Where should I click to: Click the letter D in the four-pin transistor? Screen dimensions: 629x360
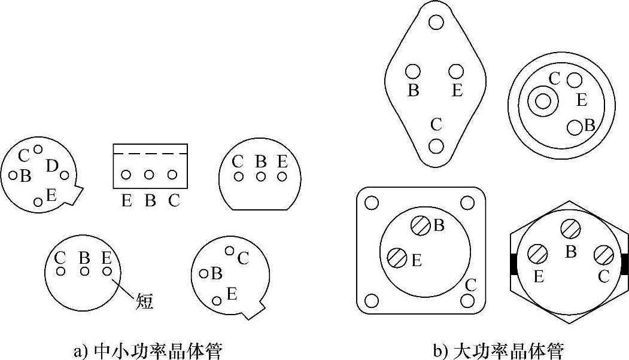pos(51,166)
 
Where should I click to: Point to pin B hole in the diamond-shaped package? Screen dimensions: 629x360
pos(413,72)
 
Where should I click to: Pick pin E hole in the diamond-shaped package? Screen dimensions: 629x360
pos(457,72)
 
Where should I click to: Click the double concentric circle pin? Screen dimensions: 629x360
pos(542,101)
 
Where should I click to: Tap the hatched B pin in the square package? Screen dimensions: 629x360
pos(420,225)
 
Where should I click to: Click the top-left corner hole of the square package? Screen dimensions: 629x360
pos(371,203)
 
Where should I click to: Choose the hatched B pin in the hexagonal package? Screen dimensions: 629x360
pos(570,230)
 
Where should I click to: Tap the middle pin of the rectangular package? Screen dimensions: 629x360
pos(150,175)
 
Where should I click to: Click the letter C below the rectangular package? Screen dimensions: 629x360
pos(174,200)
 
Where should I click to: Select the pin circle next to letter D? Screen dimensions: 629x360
pos(65,175)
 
